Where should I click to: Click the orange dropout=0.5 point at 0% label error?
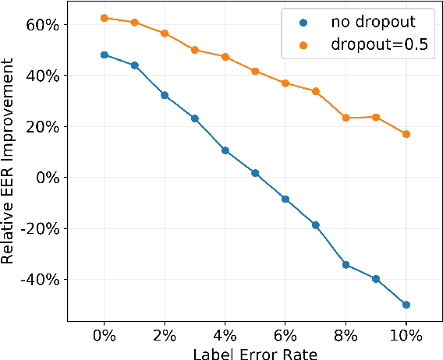tap(105, 18)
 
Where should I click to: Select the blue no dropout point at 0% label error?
tap(105, 55)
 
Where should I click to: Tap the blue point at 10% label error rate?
tap(406, 305)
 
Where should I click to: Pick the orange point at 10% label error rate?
tap(406, 134)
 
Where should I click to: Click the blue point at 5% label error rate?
tap(255, 173)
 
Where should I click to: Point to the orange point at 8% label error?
tap(346, 118)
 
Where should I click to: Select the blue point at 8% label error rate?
tap(346, 265)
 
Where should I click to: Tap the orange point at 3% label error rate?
tap(195, 50)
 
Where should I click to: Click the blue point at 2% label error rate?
tap(165, 95)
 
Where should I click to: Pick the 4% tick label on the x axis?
tap(225, 336)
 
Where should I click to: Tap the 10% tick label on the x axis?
tap(406, 336)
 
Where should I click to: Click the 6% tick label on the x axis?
tap(285, 336)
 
